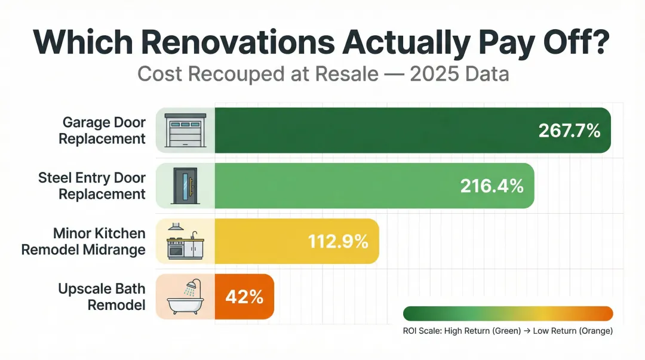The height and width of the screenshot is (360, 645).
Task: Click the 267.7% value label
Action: tap(569, 131)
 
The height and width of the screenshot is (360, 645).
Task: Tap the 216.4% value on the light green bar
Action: tap(492, 186)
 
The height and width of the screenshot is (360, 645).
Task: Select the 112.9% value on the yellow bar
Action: tap(338, 241)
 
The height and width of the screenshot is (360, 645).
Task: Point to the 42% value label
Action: tap(244, 297)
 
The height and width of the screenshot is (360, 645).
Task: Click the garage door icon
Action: tap(185, 131)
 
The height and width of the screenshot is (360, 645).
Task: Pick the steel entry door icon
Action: tap(185, 186)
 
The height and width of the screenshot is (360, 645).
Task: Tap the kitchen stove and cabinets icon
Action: tap(185, 241)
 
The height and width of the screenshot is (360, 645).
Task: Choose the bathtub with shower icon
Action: tap(185, 297)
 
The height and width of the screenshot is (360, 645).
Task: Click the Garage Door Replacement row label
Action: tap(104, 131)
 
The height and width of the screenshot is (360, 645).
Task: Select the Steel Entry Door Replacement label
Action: tap(92, 186)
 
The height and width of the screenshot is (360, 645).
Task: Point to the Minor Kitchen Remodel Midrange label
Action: tap(84, 241)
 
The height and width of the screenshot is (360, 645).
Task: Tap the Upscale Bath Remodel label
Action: tap(102, 297)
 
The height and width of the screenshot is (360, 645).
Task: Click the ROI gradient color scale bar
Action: tap(508, 314)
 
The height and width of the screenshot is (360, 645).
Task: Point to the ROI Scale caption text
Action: tap(508, 330)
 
